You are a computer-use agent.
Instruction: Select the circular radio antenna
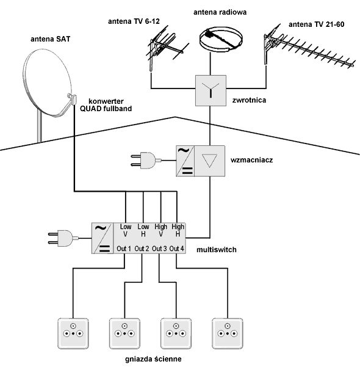(221, 39)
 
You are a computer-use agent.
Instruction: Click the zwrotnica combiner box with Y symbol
(211, 90)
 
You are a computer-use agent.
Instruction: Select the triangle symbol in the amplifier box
(209, 161)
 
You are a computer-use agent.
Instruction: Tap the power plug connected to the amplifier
(146, 161)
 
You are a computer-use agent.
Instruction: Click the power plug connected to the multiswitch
(63, 238)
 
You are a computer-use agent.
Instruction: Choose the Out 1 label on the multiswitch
(124, 249)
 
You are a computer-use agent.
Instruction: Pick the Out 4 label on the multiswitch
(177, 249)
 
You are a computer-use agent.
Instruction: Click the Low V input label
(126, 230)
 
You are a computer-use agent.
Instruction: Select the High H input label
(178, 230)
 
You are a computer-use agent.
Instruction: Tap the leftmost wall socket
(73, 333)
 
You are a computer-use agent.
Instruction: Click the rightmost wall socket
(228, 333)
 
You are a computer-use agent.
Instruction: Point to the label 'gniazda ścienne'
(153, 359)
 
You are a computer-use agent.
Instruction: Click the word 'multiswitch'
(217, 250)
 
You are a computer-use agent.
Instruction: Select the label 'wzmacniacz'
(251, 160)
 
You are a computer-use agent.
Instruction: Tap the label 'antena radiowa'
(220, 12)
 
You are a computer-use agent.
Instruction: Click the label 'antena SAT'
(50, 39)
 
